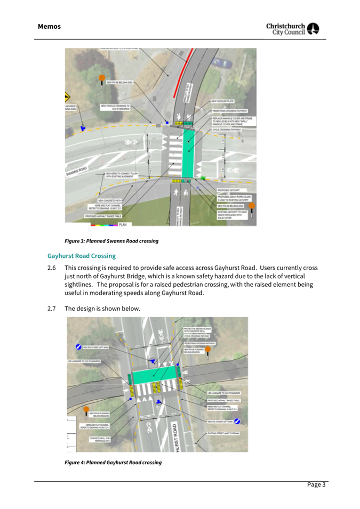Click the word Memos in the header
[x=49, y=26]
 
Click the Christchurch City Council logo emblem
[x=313, y=29]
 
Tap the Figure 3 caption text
[x=111, y=241]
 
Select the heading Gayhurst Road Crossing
[x=81, y=256]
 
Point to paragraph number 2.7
[x=52, y=309]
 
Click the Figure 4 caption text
[x=113, y=462]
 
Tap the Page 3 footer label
[x=316, y=484]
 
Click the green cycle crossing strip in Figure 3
[x=189, y=155]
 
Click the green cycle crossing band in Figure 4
[x=155, y=377]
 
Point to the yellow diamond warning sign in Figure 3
[x=68, y=97]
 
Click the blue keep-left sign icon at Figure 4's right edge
[x=237, y=422]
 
